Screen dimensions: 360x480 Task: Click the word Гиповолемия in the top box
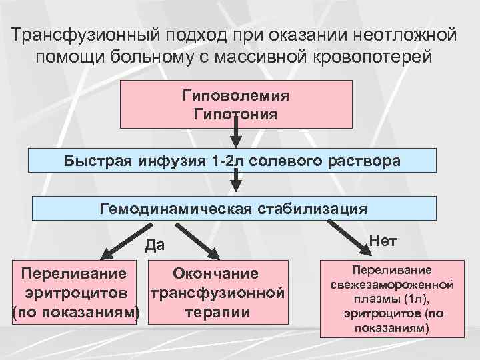tap(235, 95)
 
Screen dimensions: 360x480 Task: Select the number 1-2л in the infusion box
tap(223, 161)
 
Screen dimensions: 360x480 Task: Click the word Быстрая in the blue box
tap(98, 161)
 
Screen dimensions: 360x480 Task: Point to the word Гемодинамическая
tap(173, 209)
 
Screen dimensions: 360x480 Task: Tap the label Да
tap(155, 246)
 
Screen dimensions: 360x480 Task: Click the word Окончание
tap(215, 273)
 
